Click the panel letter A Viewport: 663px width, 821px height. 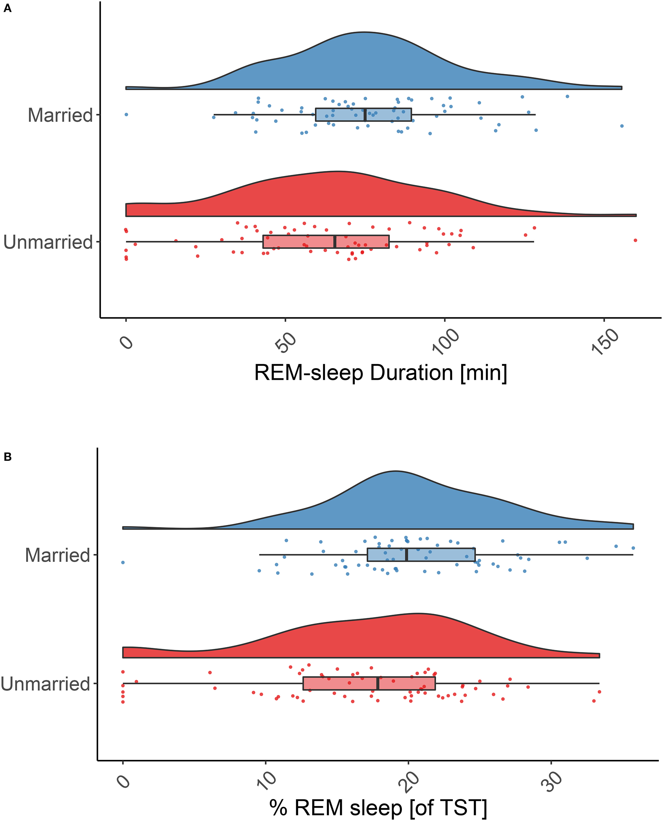pyautogui.click(x=7, y=8)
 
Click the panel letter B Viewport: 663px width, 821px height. pyautogui.click(x=7, y=457)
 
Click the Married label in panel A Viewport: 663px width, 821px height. pyautogui.click(x=60, y=115)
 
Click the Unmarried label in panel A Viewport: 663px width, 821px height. pyautogui.click(x=48, y=242)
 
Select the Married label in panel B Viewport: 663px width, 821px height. pyautogui.click(x=58, y=555)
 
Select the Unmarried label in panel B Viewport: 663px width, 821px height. pyautogui.click(x=45, y=683)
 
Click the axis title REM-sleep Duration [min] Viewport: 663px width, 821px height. pyautogui.click(x=381, y=373)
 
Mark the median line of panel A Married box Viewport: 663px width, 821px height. pyautogui.click(x=365, y=114)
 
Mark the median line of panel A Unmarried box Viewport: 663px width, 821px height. pyautogui.click(x=335, y=242)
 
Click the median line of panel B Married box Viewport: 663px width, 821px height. pyautogui.click(x=407, y=554)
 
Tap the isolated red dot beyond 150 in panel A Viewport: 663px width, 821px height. pyautogui.click(x=635, y=240)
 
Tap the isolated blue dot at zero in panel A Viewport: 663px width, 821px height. pyautogui.click(x=126, y=114)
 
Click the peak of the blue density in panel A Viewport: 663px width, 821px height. pyautogui.click(x=363, y=32)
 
